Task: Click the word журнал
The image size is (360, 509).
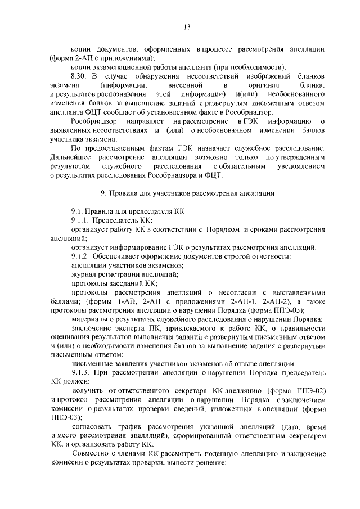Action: click(83, 274)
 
